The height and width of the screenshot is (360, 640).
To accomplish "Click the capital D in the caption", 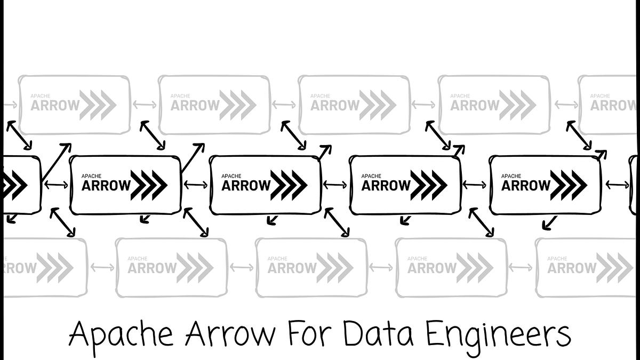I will tap(353, 334).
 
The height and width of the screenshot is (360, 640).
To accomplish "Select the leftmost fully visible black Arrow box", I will tap(125, 185).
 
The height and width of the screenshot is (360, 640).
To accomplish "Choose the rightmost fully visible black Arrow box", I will tap(545, 185).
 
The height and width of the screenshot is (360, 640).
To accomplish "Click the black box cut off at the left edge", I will tap(20, 185).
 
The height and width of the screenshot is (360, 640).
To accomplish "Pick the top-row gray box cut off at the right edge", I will tap(609, 105).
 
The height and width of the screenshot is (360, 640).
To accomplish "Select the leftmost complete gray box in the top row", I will tap(75, 105).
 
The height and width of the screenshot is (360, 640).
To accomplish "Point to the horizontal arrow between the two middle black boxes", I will tap(335, 185).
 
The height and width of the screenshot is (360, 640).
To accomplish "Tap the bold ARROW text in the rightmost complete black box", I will tap(526, 186).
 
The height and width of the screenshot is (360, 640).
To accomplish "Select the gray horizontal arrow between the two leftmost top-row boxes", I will tap(144, 105).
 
